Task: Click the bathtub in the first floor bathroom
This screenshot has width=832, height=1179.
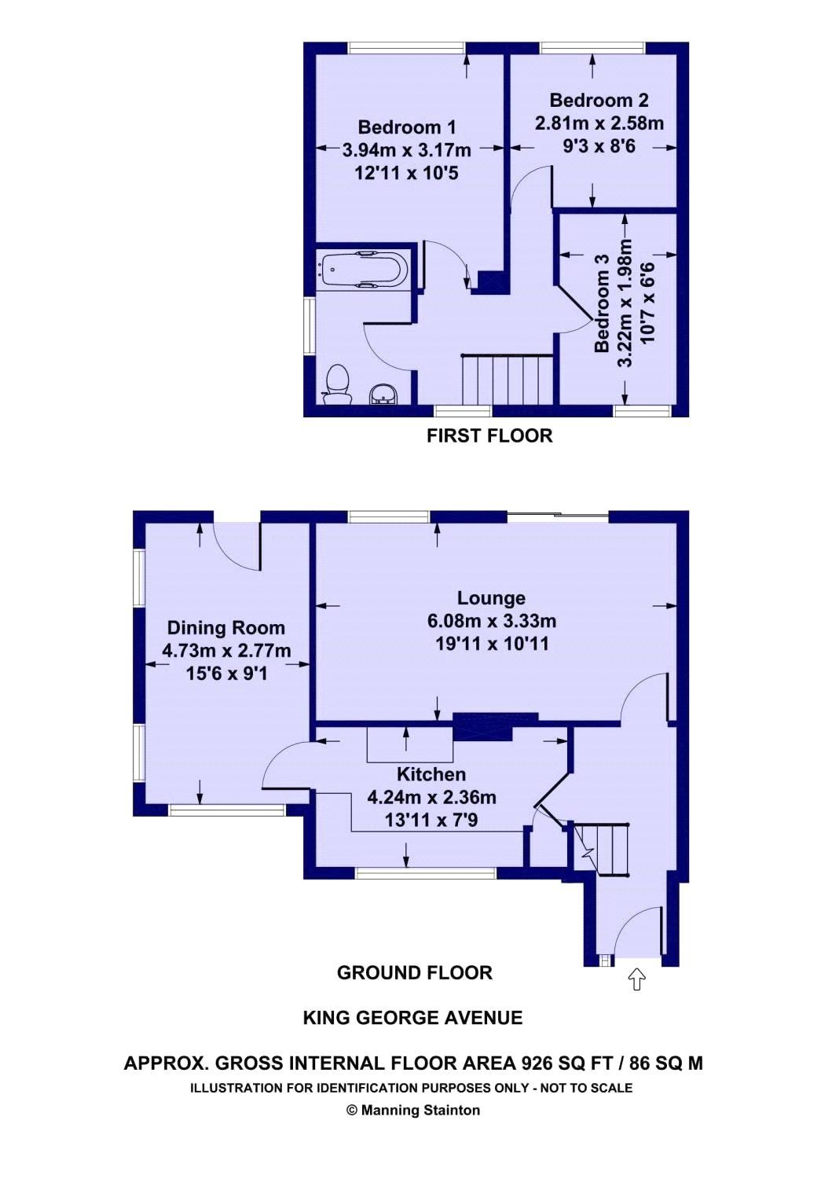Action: [363, 270]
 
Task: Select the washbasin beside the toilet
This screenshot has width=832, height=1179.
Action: [383, 394]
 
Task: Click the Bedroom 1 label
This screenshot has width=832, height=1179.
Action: [406, 127]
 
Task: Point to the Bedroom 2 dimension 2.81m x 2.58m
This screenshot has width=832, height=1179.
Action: [599, 123]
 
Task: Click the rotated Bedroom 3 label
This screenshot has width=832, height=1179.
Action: [602, 303]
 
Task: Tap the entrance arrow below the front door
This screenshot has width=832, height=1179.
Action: [636, 979]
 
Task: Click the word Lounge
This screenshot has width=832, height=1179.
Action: [491, 598]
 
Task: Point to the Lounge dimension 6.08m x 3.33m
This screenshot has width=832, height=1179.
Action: [491, 621]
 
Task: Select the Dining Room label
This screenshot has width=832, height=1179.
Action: [225, 628]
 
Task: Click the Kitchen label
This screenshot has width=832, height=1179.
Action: [431, 774]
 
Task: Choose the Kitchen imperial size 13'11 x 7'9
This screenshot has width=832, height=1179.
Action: [431, 820]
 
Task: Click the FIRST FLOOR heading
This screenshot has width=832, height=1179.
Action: [489, 435]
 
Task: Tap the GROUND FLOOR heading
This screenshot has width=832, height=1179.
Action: [414, 973]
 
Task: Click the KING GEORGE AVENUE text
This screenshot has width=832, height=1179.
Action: [412, 1018]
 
